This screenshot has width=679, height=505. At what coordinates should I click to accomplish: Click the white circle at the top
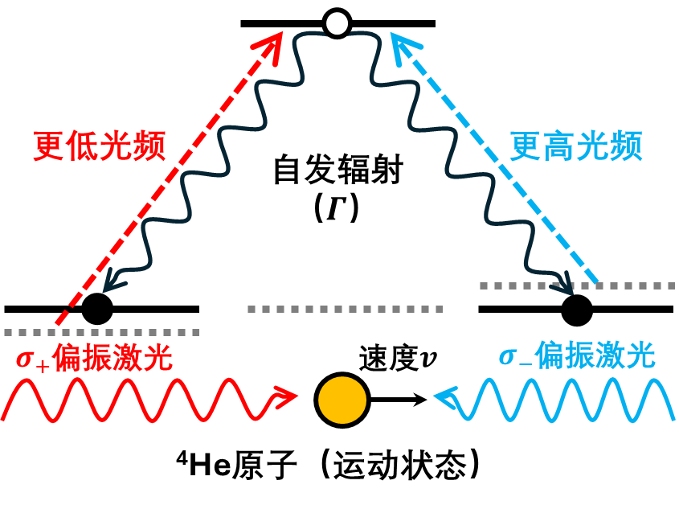(337, 23)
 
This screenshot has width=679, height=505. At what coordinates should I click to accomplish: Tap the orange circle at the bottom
(342, 400)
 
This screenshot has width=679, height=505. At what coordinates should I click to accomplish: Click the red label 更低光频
(100, 146)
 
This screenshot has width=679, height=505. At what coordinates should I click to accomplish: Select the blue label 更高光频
(576, 146)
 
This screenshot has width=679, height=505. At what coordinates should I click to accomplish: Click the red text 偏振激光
(112, 357)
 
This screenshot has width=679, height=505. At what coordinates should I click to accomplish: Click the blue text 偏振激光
(595, 355)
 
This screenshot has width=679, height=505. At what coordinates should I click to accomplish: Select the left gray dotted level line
(101, 332)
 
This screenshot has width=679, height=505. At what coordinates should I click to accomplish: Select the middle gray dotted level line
(345, 309)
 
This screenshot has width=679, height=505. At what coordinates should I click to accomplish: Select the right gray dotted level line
(577, 285)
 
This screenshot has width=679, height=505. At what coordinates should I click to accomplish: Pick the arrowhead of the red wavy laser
(286, 396)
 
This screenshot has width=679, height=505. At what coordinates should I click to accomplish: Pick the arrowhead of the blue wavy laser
(445, 396)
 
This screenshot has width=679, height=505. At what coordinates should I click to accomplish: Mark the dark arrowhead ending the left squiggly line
(113, 281)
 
